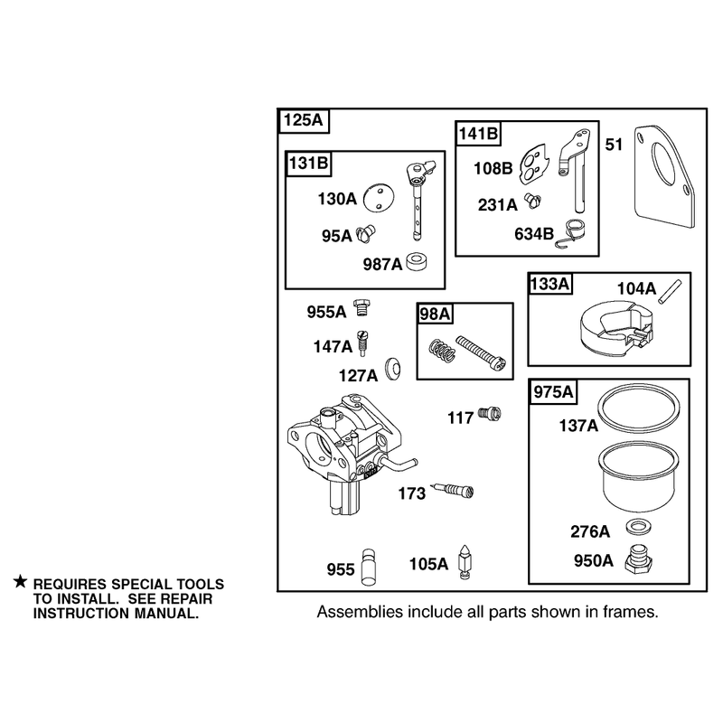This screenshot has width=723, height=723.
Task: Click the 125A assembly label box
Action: tap(304, 121)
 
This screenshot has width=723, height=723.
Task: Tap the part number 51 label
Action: tap(614, 145)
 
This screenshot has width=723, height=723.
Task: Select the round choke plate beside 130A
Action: tap(379, 199)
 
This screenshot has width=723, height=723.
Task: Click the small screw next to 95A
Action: tap(367, 234)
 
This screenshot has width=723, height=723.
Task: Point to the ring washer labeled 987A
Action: tap(417, 261)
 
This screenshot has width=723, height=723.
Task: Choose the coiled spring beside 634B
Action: tap(572, 233)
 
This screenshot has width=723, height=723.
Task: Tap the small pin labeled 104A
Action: tap(670, 292)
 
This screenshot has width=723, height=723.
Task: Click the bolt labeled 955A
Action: tap(362, 307)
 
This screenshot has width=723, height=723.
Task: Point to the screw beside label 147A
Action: tap(362, 343)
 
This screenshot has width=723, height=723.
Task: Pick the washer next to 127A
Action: tap(393, 370)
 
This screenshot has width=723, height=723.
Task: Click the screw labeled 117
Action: tap(490, 414)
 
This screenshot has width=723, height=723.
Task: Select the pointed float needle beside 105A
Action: tap(465, 561)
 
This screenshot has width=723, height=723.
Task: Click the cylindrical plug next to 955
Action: tap(369, 568)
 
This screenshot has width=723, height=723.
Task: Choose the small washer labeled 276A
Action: tap(637, 527)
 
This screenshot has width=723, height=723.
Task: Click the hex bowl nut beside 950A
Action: tap(639, 559)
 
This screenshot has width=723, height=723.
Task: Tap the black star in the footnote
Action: tap(20, 581)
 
